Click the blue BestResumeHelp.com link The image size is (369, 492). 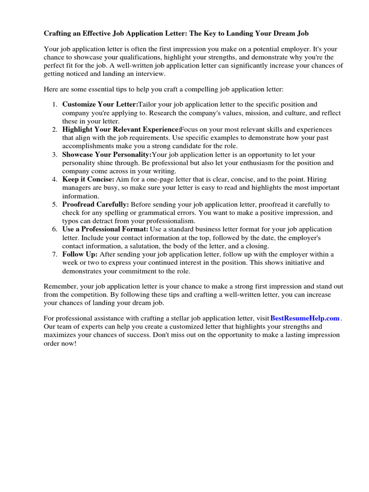305,318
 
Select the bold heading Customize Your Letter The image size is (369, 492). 100,104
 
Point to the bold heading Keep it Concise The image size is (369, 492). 88,179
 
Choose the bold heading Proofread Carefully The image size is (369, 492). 96,204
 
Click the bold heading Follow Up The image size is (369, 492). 80,254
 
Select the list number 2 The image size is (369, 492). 54,129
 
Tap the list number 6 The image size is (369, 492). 54,229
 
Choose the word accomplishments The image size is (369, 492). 88,146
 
